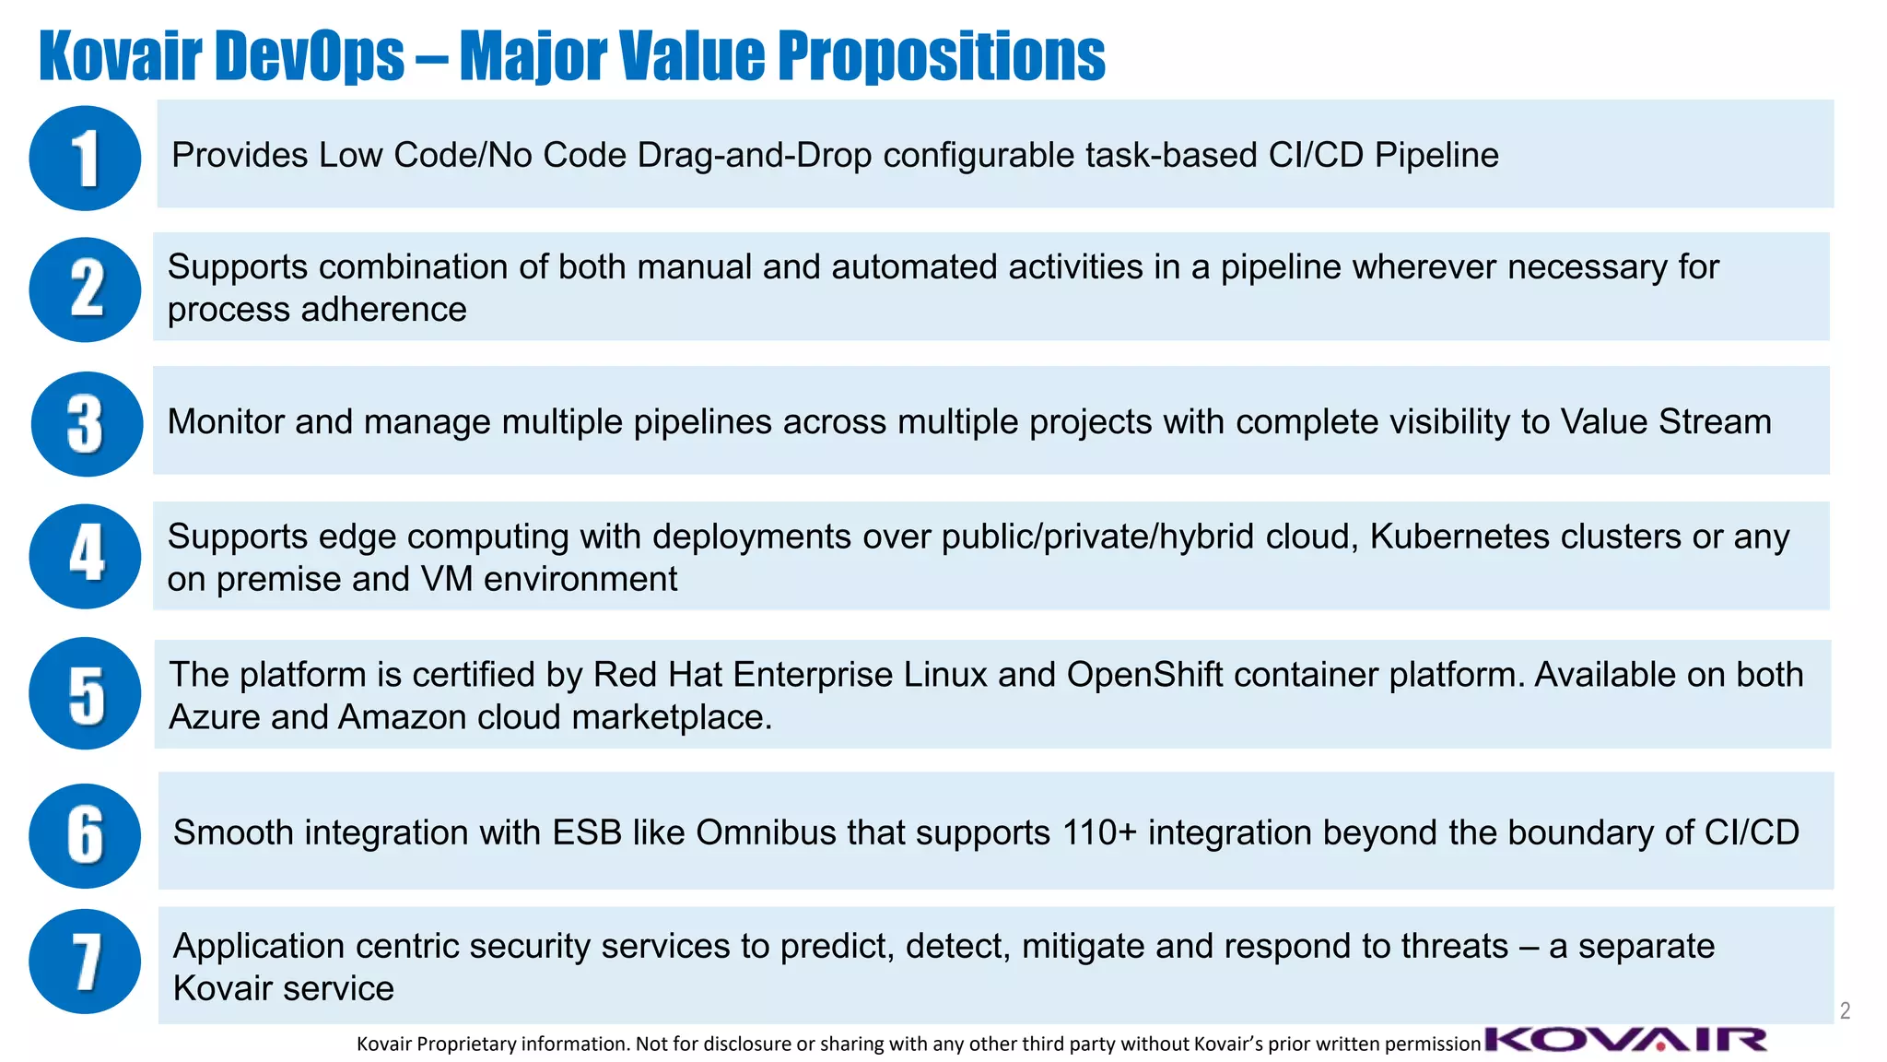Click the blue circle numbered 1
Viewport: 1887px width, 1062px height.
[x=85, y=158]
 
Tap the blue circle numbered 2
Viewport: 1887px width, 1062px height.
[x=85, y=289]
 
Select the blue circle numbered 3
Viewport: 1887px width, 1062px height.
[x=87, y=424]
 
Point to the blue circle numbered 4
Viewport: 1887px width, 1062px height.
[x=85, y=556]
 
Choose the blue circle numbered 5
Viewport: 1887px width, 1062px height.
[x=85, y=693]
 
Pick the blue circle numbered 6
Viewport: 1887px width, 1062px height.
[x=85, y=835]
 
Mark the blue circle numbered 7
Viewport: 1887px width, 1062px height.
[x=85, y=962]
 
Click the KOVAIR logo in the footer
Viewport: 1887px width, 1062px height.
[x=1626, y=1040]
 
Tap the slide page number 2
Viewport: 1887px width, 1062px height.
[x=1845, y=1010]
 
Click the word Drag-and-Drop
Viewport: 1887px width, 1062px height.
[x=754, y=155]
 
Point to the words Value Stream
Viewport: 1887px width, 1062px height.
[x=1665, y=422]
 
